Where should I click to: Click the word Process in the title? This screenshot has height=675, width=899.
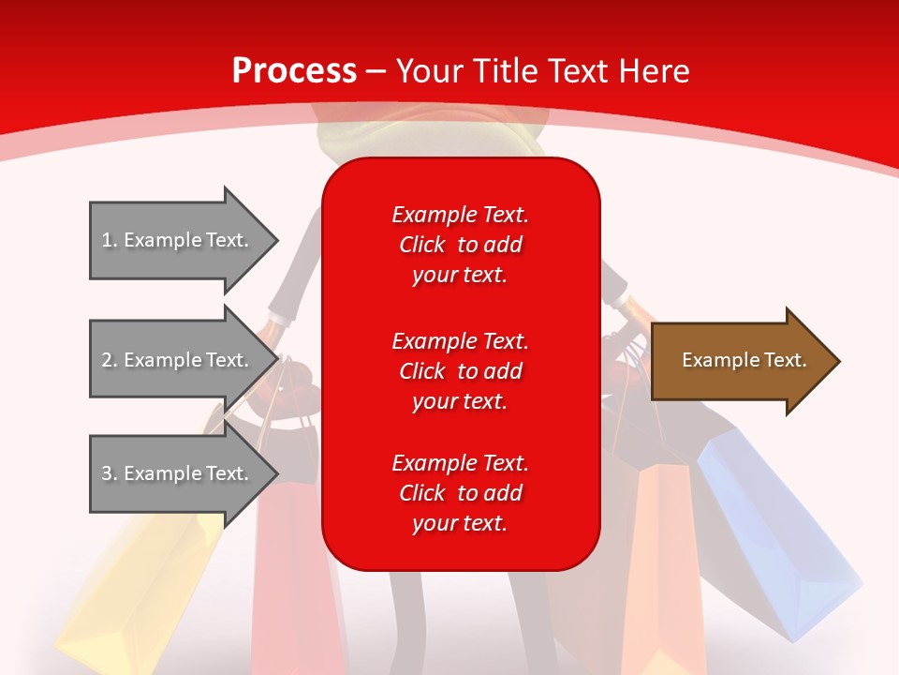pyautogui.click(x=295, y=71)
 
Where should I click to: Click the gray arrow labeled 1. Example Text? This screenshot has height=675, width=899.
pyautogui.click(x=184, y=240)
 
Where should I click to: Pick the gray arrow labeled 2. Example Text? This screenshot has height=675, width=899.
pyautogui.click(x=184, y=359)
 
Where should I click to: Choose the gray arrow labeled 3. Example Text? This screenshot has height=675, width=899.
pyautogui.click(x=184, y=472)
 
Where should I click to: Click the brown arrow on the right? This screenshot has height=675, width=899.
pyautogui.click(x=745, y=361)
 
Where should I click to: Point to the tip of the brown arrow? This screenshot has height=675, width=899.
pyautogui.click(x=841, y=361)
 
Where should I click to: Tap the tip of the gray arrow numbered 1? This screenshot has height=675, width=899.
pyautogui.click(x=279, y=240)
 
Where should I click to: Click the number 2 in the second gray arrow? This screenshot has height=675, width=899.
pyautogui.click(x=107, y=360)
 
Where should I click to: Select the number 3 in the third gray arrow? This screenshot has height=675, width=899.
pyautogui.click(x=107, y=473)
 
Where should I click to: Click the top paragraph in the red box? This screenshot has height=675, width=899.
pyautogui.click(x=461, y=245)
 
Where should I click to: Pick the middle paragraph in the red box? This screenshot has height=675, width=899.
pyautogui.click(x=461, y=371)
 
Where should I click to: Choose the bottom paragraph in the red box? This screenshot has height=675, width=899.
pyautogui.click(x=461, y=492)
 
